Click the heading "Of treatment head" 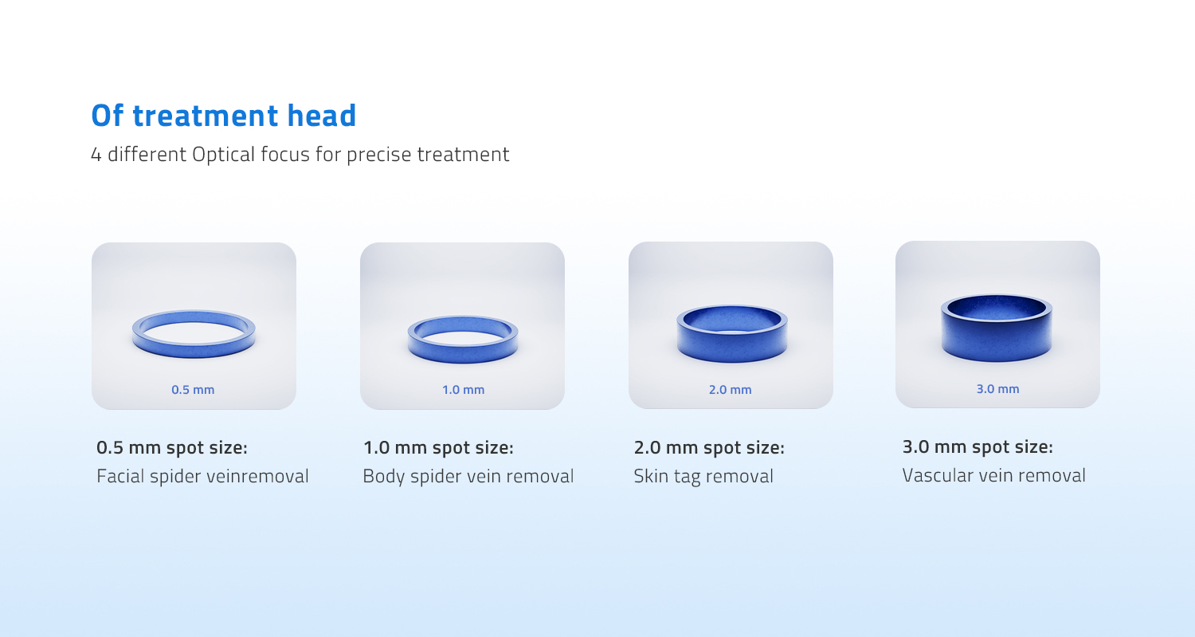coord(224,116)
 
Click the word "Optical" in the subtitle coord(225,154)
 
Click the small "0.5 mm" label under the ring coord(193,390)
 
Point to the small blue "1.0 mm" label coord(463,390)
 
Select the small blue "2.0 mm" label coord(730,390)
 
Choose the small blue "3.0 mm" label coord(997,389)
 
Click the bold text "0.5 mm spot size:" coord(172,448)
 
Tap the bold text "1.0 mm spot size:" coord(438,448)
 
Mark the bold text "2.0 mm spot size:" coord(709,448)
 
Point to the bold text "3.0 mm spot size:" coord(978,447)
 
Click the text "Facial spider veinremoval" coord(202,477)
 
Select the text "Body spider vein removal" coord(468,477)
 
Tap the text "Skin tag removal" coord(703,477)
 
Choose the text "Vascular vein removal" coord(993,476)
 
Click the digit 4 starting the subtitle coord(96,155)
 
